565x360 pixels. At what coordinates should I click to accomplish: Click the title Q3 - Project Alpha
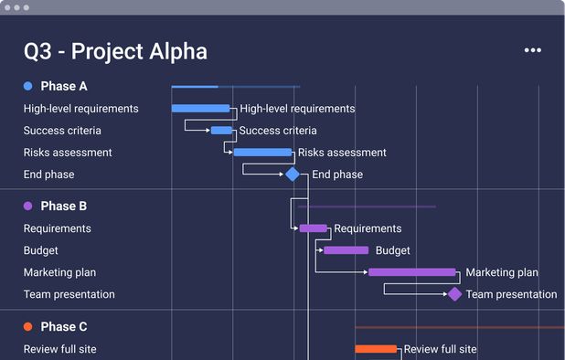tap(115, 51)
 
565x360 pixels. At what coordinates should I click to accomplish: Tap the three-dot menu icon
tap(533, 50)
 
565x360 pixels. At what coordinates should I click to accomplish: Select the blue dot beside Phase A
tap(28, 86)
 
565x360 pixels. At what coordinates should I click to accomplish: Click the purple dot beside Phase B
tap(28, 206)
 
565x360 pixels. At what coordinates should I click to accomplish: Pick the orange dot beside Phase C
tap(28, 327)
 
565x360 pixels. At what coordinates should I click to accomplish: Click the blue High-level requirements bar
tap(200, 109)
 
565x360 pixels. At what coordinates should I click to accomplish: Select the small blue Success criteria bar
tap(221, 131)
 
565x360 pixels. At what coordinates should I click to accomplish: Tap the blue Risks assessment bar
tap(262, 153)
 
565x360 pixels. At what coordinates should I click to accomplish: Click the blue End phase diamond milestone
tap(293, 175)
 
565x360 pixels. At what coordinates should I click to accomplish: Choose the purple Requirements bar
tap(313, 228)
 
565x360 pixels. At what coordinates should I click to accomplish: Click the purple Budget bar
tap(346, 250)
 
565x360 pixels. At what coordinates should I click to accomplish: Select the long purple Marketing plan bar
tap(411, 272)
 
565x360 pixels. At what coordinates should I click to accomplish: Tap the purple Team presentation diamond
tap(454, 294)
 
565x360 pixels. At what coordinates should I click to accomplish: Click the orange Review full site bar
tap(376, 349)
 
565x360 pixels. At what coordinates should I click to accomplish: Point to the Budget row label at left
tap(41, 250)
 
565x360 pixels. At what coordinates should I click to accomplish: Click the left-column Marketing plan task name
tap(59, 272)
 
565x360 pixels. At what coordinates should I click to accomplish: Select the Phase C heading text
tap(64, 327)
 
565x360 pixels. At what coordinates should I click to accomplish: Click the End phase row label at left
tap(49, 175)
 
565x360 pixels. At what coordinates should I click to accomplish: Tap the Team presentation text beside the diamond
tap(511, 294)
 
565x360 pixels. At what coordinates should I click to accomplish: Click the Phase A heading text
tap(64, 86)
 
